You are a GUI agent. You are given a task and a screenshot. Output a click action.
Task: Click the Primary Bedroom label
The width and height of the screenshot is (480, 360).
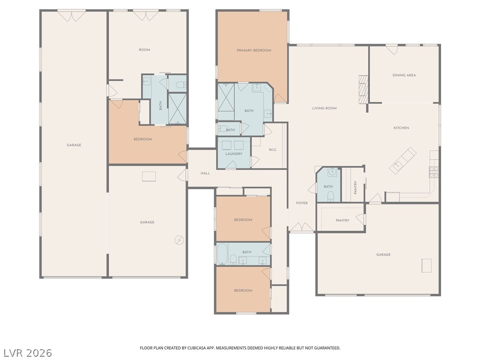click(x=254, y=51)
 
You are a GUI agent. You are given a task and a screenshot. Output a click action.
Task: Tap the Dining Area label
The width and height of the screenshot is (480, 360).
click(x=404, y=75)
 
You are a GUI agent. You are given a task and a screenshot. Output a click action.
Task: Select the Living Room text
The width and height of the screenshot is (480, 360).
click(x=324, y=108)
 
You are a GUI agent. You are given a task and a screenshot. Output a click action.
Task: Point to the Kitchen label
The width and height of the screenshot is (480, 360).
click(x=401, y=128)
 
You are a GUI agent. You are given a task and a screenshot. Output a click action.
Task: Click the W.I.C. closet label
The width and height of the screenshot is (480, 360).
click(x=273, y=150)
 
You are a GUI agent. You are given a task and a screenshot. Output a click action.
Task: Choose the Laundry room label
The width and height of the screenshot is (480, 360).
click(x=234, y=154)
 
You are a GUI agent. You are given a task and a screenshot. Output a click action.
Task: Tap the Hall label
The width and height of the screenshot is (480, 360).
click(x=205, y=173)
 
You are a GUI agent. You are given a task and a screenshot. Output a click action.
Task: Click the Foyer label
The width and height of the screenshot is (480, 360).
click(x=302, y=203)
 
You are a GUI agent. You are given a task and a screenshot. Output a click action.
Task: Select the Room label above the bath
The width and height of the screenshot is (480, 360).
click(x=144, y=50)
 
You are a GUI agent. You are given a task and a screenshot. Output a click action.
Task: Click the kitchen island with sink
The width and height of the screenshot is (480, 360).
click(x=403, y=161)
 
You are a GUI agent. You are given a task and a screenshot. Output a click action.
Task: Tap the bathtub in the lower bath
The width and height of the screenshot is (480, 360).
click(x=222, y=254)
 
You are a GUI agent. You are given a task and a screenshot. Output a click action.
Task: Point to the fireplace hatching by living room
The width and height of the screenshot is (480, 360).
click(x=363, y=90)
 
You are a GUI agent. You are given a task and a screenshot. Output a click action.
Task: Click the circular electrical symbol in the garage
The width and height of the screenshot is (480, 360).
click(x=179, y=240)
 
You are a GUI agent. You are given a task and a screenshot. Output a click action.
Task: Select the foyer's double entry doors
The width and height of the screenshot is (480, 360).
click(x=302, y=227)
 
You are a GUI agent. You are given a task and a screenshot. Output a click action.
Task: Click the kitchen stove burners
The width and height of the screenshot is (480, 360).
click(x=434, y=172)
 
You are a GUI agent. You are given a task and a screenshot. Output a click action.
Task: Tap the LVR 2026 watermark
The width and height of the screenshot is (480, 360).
click(x=26, y=352)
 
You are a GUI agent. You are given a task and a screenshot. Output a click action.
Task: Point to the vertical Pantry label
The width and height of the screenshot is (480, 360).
click(x=355, y=187)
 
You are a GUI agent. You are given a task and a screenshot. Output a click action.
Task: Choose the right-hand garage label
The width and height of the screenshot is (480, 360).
click(x=383, y=255)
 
